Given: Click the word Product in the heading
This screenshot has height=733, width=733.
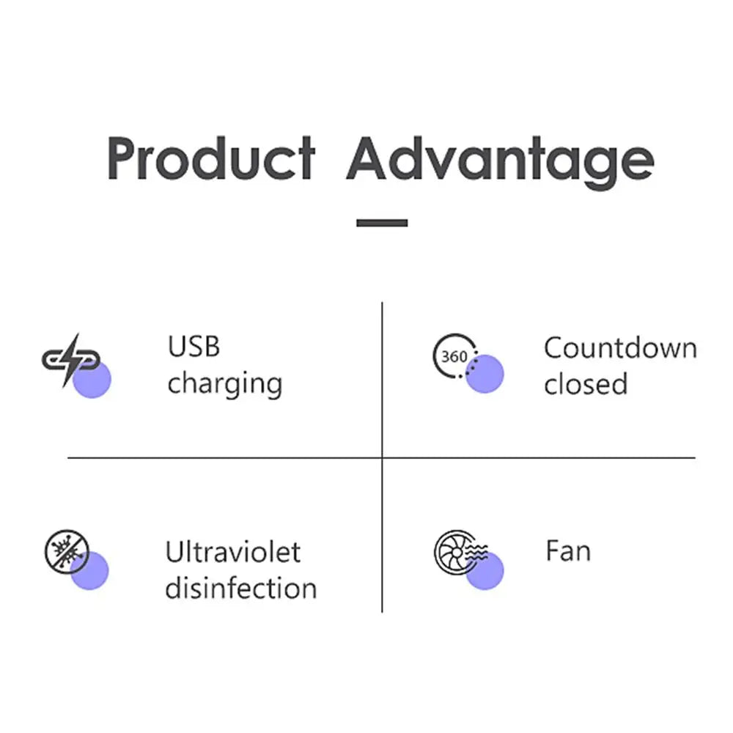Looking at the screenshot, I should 211,159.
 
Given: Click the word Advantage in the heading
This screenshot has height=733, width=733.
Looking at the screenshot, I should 500,159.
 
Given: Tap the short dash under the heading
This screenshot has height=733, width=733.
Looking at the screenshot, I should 382,222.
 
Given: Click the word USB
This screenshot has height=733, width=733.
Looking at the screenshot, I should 194,346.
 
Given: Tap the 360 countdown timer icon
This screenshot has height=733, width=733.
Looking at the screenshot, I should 455,357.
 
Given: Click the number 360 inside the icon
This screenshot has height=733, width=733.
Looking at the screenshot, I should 454,357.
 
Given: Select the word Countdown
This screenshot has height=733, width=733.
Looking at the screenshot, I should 619,347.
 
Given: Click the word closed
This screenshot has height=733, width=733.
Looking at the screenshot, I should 586,384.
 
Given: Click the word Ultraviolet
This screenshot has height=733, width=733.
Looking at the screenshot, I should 233,551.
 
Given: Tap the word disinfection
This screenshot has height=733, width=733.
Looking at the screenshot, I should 240,589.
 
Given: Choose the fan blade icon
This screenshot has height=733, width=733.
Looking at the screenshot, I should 456,551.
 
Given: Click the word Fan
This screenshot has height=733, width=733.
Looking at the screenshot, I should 567,551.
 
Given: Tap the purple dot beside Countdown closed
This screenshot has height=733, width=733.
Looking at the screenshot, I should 485,374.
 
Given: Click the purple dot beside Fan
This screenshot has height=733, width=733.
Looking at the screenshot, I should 485,572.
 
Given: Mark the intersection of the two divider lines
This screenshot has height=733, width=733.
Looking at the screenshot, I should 382,458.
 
